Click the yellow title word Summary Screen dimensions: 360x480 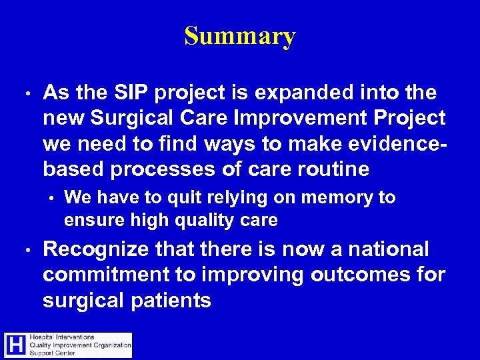(240, 36)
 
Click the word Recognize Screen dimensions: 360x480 (95, 249)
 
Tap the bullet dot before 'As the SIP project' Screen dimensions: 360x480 (24, 93)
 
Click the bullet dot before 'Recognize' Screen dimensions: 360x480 (24, 250)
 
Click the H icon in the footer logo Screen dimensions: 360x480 (16, 345)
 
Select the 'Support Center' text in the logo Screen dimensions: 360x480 (53, 353)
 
